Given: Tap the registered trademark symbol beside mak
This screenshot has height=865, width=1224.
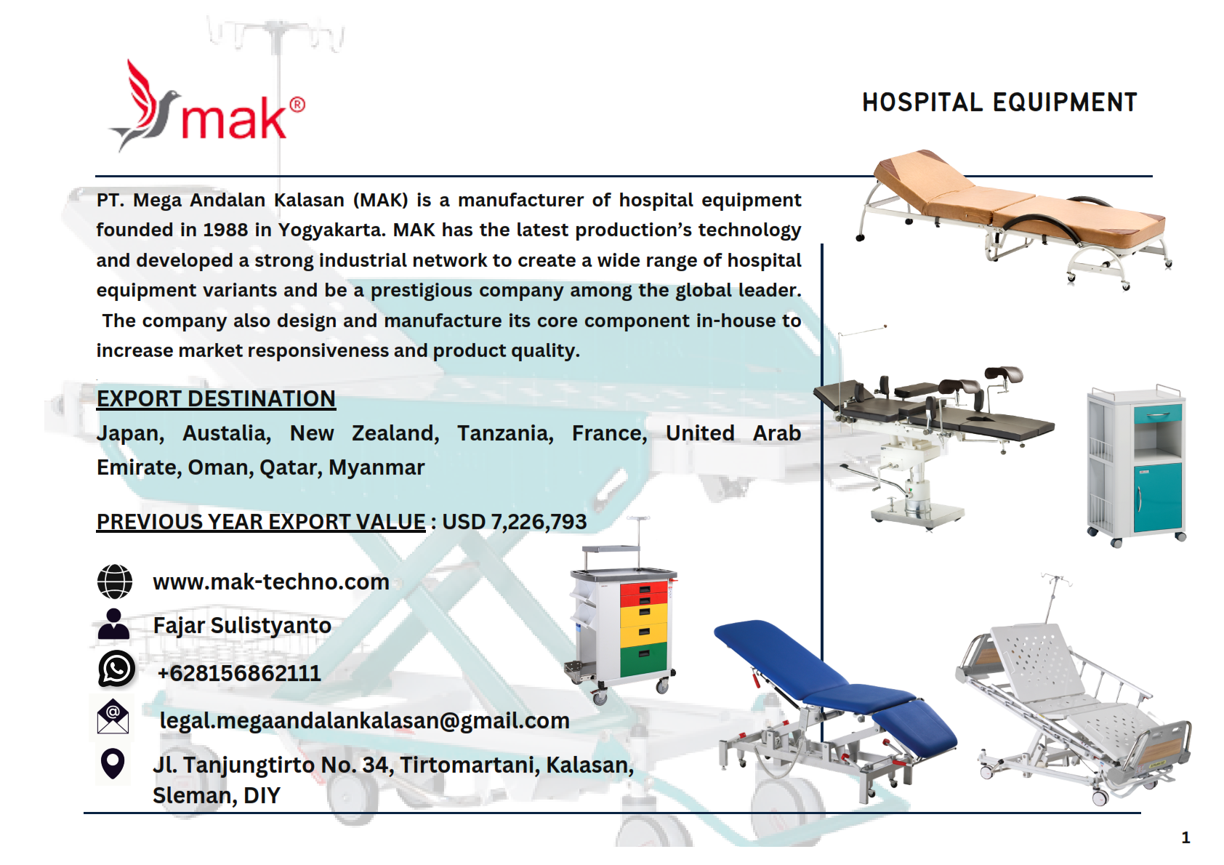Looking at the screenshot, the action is [297, 105].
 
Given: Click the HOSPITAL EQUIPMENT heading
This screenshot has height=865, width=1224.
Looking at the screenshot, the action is [999, 102].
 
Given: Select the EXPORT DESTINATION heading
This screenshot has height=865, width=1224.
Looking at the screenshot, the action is [216, 398].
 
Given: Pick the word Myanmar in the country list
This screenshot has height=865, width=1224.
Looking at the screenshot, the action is [377, 467].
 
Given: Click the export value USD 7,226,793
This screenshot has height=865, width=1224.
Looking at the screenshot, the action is [514, 522].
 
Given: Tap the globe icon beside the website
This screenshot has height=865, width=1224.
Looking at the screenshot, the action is [115, 582].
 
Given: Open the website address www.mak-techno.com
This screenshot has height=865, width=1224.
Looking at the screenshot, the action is [271, 582].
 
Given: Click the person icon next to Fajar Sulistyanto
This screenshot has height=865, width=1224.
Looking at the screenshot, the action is [113, 624].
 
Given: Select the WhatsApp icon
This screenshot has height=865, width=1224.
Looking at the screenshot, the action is [116, 668].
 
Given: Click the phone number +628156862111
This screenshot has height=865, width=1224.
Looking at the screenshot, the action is [239, 673].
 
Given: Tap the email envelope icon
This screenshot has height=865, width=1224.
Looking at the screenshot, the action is [113, 716].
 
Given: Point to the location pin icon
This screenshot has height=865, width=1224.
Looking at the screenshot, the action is [113, 763].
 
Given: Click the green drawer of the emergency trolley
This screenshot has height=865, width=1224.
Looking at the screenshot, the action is [644, 659].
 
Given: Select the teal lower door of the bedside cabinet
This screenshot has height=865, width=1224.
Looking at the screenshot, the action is [1157, 497].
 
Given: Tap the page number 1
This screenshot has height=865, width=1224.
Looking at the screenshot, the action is [1185, 837].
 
